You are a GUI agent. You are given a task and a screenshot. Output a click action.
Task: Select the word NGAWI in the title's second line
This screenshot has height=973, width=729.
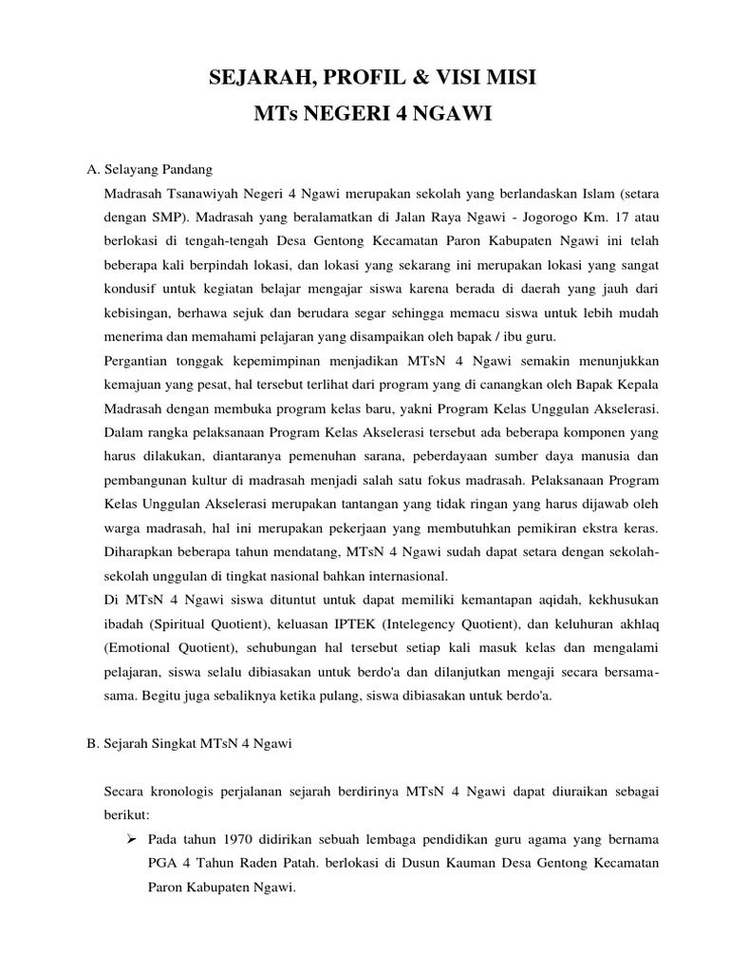point(459,115)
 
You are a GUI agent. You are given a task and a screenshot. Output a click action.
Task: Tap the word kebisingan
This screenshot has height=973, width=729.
point(137,313)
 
